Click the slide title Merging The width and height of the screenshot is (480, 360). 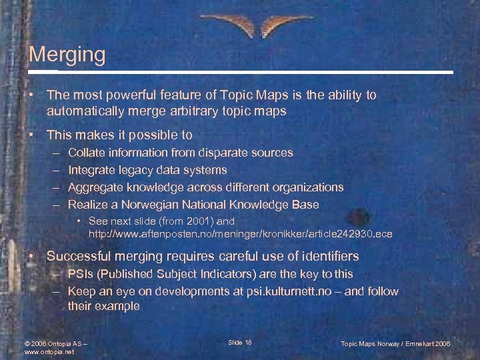[67, 54]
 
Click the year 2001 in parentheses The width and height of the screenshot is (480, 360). [197, 221]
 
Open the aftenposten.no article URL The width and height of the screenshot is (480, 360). [241, 234]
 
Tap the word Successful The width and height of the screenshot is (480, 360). [83, 256]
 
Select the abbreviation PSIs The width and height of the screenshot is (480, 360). [80, 274]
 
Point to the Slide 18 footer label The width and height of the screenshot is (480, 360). [239, 342]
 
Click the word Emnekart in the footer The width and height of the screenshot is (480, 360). [413, 343]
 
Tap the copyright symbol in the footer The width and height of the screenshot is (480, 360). [27, 343]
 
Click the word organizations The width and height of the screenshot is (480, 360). [308, 187]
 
